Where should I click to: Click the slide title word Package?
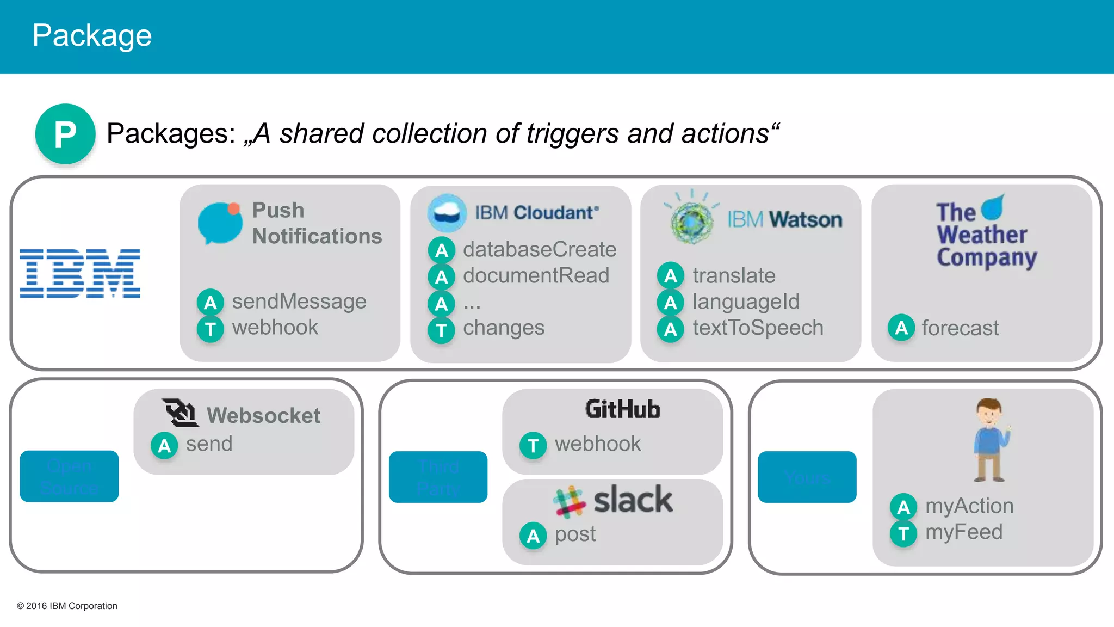coord(92,36)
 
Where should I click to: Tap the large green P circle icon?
coord(65,134)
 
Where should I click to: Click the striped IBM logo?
coord(80,273)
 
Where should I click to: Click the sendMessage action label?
coord(299,302)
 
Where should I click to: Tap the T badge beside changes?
coord(441,330)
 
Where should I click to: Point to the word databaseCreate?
coord(539,250)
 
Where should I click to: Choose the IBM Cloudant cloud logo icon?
coord(447,213)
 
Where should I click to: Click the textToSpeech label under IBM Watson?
coord(757,328)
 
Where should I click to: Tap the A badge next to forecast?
coord(901,328)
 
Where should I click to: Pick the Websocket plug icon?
coord(180,413)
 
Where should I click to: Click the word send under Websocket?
coord(209,444)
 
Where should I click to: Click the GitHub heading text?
coord(622,409)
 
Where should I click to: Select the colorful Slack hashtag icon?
coord(569,501)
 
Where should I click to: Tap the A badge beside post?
coord(533,536)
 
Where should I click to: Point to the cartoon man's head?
coord(989,412)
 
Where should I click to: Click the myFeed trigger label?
coord(963,532)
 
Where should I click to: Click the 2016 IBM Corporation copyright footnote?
coord(67,606)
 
